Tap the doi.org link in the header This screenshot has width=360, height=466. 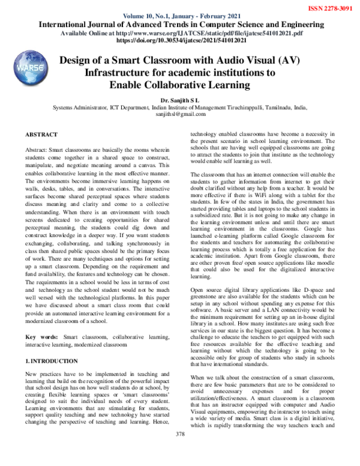coord(179,43)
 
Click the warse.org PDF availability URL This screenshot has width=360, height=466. coord(179,35)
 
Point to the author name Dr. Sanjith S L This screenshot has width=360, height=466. coord(179,98)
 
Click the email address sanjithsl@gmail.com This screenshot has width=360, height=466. coord(179,113)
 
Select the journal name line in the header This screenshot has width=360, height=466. coord(179,25)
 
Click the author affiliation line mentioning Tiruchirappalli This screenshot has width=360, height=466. coord(179,106)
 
